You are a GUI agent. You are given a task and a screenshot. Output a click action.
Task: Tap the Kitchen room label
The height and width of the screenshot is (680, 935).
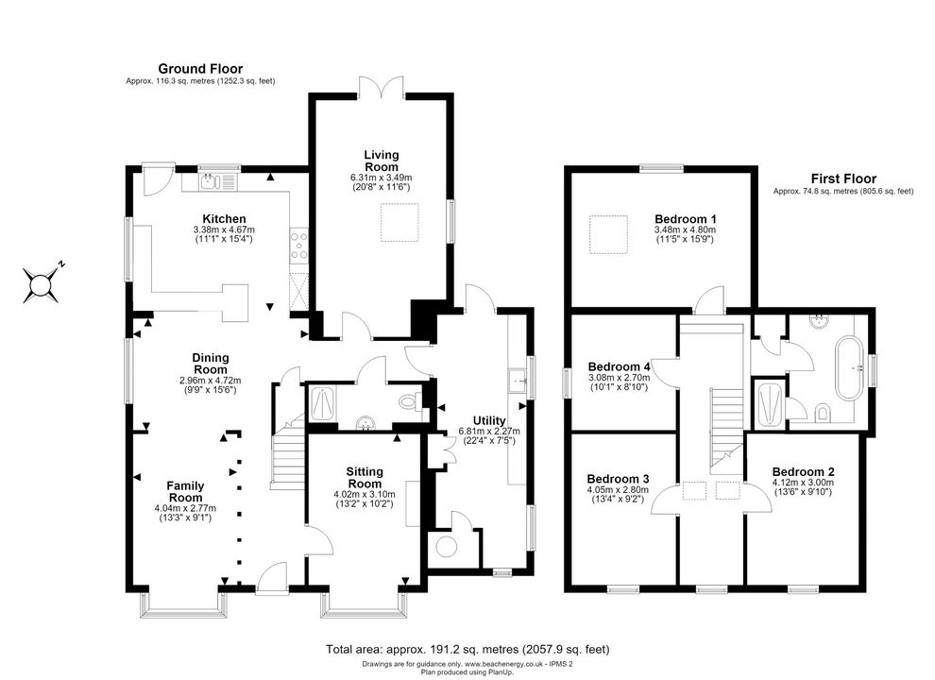point(224,219)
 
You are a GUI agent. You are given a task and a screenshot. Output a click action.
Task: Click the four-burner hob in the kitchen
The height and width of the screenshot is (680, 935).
point(298,246)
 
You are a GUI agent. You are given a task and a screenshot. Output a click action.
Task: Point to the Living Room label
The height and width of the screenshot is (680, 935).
point(381,161)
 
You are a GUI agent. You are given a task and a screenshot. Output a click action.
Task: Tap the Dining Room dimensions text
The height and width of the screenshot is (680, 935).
point(211,384)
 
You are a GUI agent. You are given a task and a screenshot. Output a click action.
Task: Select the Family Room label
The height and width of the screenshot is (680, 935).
point(185,491)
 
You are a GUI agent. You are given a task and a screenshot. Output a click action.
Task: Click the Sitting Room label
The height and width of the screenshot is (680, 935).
point(365,478)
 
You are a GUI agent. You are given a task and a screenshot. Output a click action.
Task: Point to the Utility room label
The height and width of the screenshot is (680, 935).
point(489,420)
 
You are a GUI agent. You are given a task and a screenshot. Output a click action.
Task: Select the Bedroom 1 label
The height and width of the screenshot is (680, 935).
point(685,219)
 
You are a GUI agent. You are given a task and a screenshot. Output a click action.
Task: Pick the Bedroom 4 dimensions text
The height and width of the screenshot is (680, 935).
point(619,382)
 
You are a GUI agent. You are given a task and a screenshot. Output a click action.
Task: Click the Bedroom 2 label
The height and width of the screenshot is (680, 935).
point(803,472)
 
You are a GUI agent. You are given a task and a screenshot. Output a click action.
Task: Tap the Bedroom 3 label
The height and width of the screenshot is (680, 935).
point(618,479)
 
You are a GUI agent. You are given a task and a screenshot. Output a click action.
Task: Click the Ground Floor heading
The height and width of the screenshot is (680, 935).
point(200,69)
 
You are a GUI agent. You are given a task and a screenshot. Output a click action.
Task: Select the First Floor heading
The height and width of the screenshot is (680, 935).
point(843,178)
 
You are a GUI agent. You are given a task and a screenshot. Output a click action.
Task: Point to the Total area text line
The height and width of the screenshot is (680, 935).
point(467,649)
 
